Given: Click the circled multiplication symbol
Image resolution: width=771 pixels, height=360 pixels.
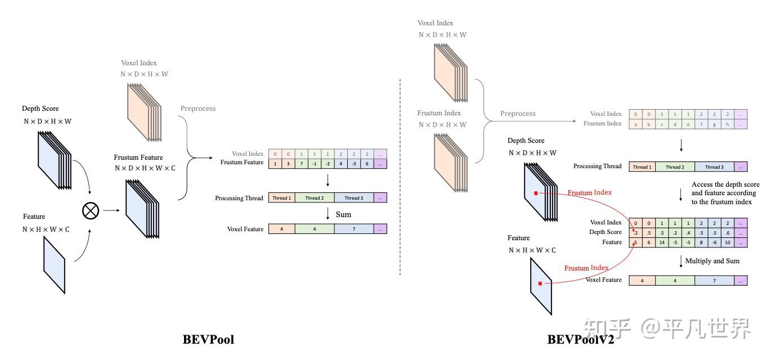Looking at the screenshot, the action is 91,210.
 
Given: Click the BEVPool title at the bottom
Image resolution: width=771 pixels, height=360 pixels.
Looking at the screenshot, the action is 208,339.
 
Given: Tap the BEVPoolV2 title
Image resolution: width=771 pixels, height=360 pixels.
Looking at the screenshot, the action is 581,339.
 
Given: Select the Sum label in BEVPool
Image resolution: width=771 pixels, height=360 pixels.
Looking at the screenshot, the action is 343,214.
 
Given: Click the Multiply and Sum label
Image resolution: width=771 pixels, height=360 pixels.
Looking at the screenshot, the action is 712,261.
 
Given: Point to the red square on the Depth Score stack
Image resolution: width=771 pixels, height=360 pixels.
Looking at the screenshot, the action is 536,193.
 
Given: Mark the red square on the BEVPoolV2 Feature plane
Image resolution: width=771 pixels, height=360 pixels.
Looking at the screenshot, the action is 540,283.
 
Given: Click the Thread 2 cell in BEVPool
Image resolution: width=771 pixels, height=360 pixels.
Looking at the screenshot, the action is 314,198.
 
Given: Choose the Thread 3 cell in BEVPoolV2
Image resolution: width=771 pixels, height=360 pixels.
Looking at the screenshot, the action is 714,167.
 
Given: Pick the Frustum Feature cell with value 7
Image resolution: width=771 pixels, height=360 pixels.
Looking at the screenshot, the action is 301,164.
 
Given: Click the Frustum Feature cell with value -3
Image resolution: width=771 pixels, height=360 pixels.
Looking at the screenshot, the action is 354,164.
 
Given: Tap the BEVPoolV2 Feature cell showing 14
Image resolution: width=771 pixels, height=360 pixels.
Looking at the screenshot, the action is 662,242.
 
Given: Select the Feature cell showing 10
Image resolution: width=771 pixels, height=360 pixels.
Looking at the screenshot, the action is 728,242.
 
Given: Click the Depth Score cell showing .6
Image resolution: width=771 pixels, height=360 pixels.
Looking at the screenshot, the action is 728,233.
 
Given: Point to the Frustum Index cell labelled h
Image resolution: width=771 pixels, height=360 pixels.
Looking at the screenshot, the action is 728,124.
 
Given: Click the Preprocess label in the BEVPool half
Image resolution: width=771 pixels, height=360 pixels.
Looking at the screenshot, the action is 198,109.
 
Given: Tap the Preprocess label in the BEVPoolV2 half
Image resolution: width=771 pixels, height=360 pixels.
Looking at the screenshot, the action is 518,114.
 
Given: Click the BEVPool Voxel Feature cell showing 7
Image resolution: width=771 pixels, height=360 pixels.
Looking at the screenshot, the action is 354,229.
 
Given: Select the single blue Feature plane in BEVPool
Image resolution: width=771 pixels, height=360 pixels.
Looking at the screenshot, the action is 55,265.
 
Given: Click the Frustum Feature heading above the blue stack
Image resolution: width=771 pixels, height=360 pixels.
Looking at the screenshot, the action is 138,157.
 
